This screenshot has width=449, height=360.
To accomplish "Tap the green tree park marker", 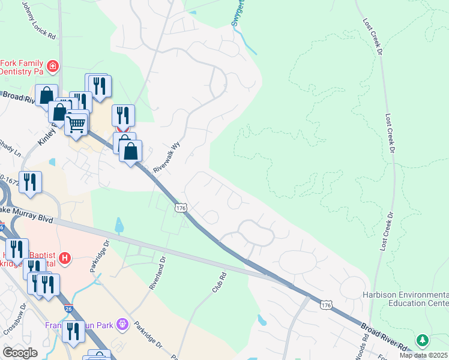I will pyautogui.click(x=423, y=340).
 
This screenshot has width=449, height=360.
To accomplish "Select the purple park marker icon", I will pyautogui.click(x=123, y=325).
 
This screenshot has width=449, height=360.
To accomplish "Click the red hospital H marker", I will pyautogui.click(x=65, y=259).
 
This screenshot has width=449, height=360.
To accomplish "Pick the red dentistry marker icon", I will pyautogui.click(x=53, y=66).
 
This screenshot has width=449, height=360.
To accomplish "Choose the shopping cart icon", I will pyautogui.click(x=76, y=124).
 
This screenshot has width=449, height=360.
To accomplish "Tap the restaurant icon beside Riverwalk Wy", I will pyautogui.click(x=123, y=115).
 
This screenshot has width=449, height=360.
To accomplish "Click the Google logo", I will pyautogui.click(x=20, y=353).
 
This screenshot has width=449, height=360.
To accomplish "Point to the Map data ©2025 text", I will pyautogui.click(x=424, y=355).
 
